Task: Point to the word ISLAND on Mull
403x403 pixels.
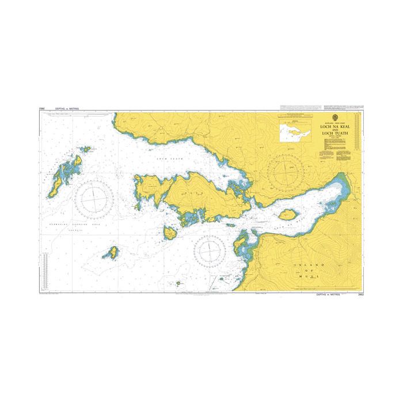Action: click(x=301, y=264)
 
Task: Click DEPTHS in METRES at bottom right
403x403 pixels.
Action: click(x=328, y=294)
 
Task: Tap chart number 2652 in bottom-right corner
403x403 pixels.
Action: click(x=360, y=294)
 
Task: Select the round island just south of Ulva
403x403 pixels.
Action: click(x=170, y=233)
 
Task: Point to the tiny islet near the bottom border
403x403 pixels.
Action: click(x=178, y=283)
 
